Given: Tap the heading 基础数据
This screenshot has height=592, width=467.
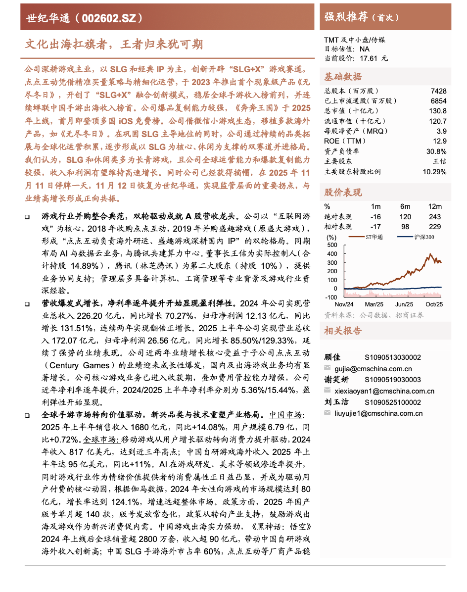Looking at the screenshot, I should (x=343, y=77).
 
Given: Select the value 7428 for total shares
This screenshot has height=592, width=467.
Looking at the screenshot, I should (x=438, y=91).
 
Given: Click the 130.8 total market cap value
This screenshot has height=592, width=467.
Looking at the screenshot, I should (x=438, y=111).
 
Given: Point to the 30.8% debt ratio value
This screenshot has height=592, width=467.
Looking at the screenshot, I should (x=436, y=151).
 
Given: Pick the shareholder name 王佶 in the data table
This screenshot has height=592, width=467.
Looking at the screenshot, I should (x=439, y=161).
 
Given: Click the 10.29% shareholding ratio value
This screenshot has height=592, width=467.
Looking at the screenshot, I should (x=434, y=171).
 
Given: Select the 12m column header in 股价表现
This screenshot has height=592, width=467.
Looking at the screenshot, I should (x=435, y=206).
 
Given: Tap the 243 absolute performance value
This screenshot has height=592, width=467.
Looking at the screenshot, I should (x=435, y=216).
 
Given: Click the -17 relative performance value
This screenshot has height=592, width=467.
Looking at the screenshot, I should (x=376, y=226).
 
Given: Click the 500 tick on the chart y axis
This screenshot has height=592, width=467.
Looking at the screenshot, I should (x=332, y=245).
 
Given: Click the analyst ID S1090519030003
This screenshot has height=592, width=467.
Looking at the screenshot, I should (x=393, y=380).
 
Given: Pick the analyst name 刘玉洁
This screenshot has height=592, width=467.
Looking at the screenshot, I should (x=336, y=402).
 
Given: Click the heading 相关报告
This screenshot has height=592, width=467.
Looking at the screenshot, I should (x=343, y=331).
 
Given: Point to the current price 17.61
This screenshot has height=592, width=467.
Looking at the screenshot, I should (x=369, y=58).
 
